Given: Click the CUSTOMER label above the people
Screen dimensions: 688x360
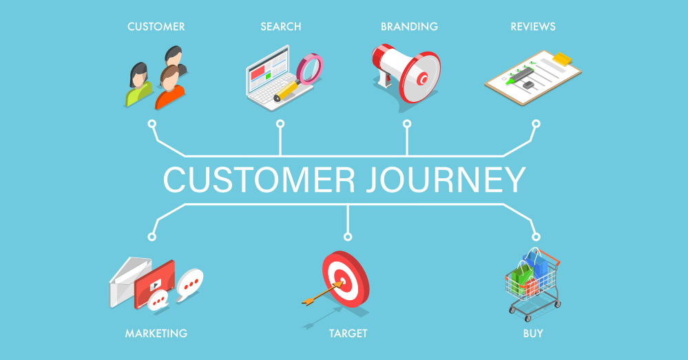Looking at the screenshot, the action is [156, 27].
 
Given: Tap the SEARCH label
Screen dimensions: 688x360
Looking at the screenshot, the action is [281, 27].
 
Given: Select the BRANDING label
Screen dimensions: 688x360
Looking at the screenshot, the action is [409, 27].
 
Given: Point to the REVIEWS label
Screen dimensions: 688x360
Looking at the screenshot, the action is [533, 27].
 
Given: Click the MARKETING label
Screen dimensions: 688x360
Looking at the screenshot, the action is [156, 334].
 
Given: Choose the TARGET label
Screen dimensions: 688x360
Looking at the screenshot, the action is [348, 334].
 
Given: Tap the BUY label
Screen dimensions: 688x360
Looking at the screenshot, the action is [533, 334].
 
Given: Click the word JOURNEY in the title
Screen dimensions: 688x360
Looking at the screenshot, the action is [446, 180].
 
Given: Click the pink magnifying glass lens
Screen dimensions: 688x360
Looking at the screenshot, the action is [310, 67].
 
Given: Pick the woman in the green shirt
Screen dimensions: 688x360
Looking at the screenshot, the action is [138, 85].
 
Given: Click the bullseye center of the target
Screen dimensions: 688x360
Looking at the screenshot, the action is [342, 279].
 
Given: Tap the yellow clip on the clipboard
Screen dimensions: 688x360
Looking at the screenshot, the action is [563, 59].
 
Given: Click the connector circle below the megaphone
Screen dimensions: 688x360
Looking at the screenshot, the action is [407, 124].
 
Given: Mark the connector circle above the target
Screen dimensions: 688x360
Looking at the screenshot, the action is [348, 237].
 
